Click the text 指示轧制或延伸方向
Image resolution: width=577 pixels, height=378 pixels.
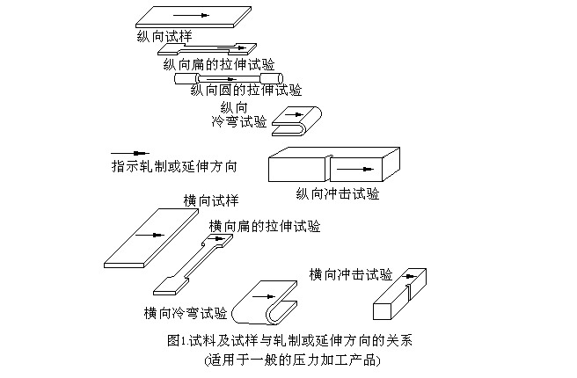173,165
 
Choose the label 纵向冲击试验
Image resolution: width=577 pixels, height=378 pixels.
338,193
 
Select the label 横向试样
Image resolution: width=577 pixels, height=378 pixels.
211,200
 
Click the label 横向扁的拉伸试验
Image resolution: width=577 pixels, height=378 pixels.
264,226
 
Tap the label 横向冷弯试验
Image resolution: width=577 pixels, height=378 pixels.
185,312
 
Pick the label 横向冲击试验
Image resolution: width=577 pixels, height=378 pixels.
351,273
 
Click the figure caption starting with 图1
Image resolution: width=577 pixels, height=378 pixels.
288,340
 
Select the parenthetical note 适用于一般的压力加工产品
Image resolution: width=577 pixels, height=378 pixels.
290,360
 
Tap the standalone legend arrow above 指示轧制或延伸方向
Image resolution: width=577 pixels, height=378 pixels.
130,152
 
